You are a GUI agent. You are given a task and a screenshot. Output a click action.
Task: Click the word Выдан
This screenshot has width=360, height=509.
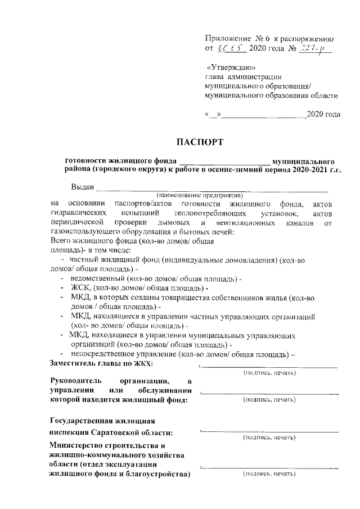[83, 187]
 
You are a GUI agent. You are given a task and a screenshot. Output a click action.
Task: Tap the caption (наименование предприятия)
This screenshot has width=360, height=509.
[200, 195]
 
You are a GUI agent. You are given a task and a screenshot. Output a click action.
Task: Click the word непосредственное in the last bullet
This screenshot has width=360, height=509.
[105, 354]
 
